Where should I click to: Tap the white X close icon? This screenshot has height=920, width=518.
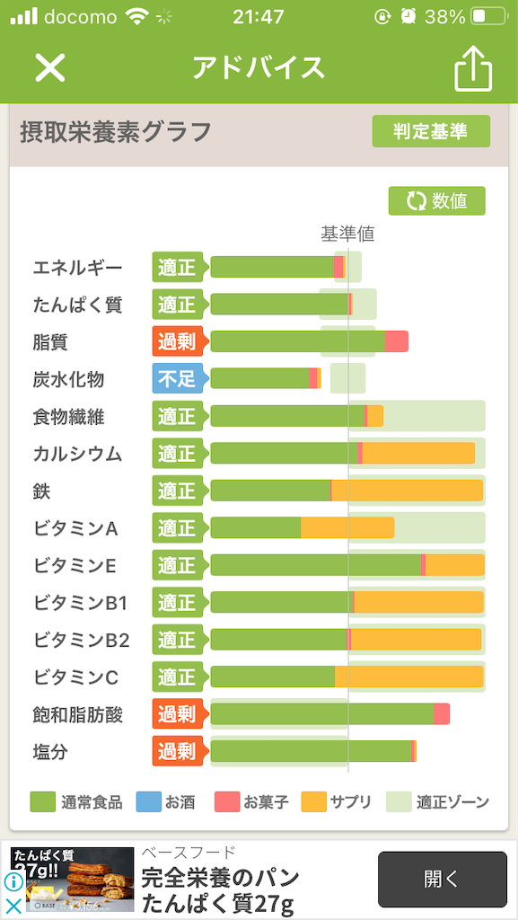[50, 67]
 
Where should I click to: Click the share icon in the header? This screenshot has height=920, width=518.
[473, 67]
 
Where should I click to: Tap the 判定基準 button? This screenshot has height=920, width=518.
[431, 131]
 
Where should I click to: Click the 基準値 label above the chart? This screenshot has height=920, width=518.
[347, 234]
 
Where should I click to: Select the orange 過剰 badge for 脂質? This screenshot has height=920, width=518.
[178, 341]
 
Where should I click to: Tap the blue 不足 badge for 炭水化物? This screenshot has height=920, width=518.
[178, 379]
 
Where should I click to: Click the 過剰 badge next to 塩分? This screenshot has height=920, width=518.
[178, 751]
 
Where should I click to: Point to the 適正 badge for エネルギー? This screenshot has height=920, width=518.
[178, 267]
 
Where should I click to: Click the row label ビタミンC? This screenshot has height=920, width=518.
[75, 677]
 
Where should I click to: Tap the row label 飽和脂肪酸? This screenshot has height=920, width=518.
[78, 714]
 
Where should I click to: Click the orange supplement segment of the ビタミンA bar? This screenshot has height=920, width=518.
[347, 527]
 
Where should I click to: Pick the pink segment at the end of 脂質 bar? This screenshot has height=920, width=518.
[397, 341]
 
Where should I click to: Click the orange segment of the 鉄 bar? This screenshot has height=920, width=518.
[407, 491]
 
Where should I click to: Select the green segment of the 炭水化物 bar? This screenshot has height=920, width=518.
[259, 378]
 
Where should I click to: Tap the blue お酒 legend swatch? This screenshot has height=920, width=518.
[148, 802]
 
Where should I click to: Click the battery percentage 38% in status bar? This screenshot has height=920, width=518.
[445, 17]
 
